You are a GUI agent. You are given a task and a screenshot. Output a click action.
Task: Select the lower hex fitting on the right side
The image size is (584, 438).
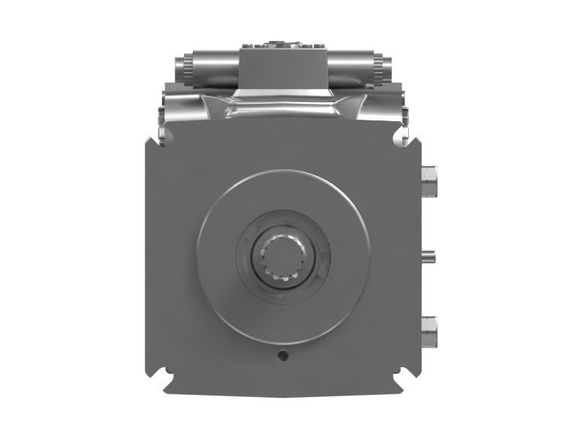point(429,331)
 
